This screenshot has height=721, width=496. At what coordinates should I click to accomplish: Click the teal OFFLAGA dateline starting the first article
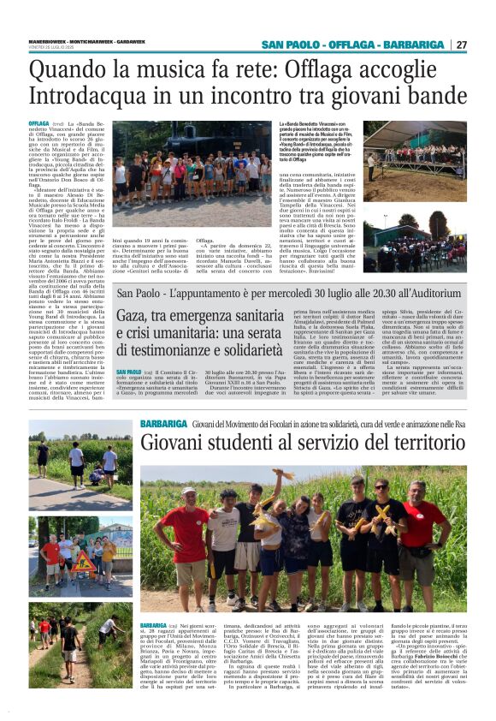click(39, 124)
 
